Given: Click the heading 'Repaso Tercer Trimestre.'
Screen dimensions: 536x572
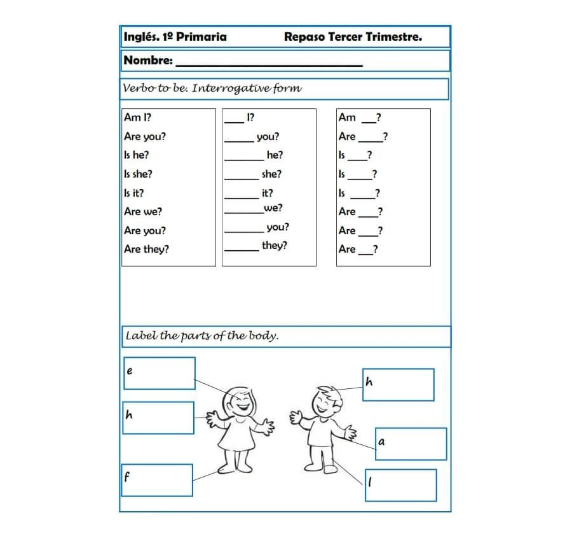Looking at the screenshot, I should click(x=353, y=37).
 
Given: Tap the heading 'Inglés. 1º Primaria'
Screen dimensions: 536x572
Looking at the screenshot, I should click(x=175, y=37).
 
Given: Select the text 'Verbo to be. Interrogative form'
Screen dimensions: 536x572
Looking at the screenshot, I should click(x=212, y=88).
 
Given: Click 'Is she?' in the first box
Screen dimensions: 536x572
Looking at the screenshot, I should click(x=138, y=174).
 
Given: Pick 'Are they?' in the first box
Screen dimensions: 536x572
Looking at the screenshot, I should click(x=146, y=249).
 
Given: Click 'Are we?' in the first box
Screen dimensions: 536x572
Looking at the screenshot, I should click(x=143, y=211).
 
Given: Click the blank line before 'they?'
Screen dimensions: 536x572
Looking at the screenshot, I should click(x=242, y=250).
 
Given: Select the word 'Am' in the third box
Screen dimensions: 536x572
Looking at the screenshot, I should click(x=347, y=117).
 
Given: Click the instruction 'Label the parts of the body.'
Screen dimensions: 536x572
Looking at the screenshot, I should click(x=202, y=335).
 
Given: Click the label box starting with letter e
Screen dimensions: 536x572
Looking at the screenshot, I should click(x=159, y=373).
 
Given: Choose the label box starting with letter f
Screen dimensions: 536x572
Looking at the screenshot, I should click(x=157, y=480).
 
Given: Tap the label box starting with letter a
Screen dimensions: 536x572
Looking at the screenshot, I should click(x=411, y=444).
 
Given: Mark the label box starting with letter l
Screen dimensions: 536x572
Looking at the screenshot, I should click(x=400, y=485).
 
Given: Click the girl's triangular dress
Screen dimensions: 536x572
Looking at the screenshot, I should click(x=236, y=436).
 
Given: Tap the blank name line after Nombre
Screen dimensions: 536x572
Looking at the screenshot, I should click(x=268, y=63).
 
